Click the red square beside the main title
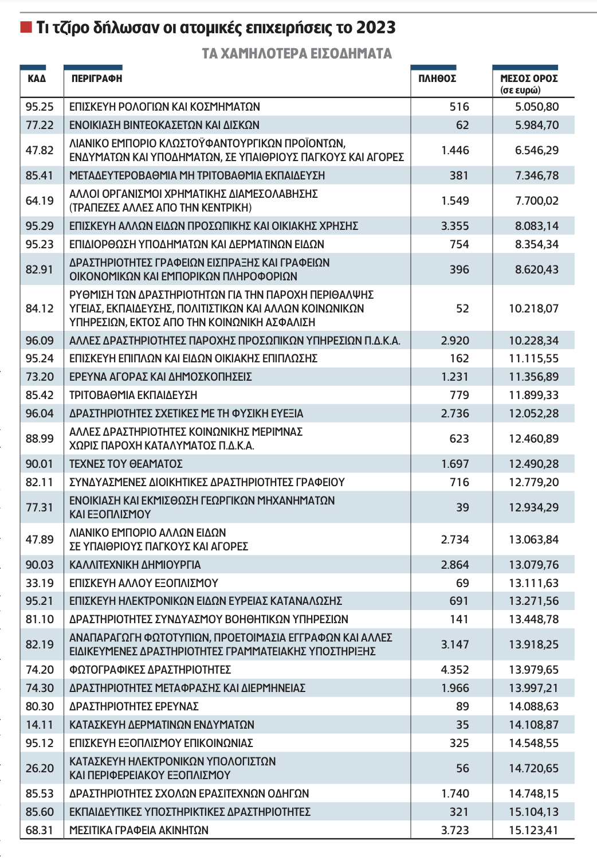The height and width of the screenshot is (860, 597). tap(26, 27)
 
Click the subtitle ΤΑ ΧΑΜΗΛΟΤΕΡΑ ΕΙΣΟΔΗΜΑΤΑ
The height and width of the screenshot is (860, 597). tap(297, 54)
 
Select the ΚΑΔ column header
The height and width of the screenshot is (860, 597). tap(36, 79)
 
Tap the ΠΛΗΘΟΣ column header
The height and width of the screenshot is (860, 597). tap(437, 79)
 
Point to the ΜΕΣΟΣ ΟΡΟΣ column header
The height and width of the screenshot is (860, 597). tap(529, 79)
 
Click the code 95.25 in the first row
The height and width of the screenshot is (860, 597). tap(40, 107)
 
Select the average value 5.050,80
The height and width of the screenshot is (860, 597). tap(537, 107)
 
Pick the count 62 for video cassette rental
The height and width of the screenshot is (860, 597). tap(462, 125)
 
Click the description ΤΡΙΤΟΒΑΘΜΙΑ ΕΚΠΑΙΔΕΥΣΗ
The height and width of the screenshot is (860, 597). tap(133, 395)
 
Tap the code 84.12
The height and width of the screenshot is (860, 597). tap(40, 308)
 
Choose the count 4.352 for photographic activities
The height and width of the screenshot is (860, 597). tap(455, 670)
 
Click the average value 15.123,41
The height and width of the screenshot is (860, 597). tap(533, 830)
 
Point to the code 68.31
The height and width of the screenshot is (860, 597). tap(40, 830)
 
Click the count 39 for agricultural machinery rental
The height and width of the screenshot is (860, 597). tap(462, 507)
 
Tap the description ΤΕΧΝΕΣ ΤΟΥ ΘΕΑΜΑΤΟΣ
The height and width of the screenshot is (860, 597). tap(126, 464)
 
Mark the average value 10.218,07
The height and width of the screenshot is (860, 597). tap(533, 308)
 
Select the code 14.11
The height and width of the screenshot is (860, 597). tap(40, 725)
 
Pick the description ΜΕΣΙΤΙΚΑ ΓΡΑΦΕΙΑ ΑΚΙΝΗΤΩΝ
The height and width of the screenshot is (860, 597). tap(139, 830)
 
